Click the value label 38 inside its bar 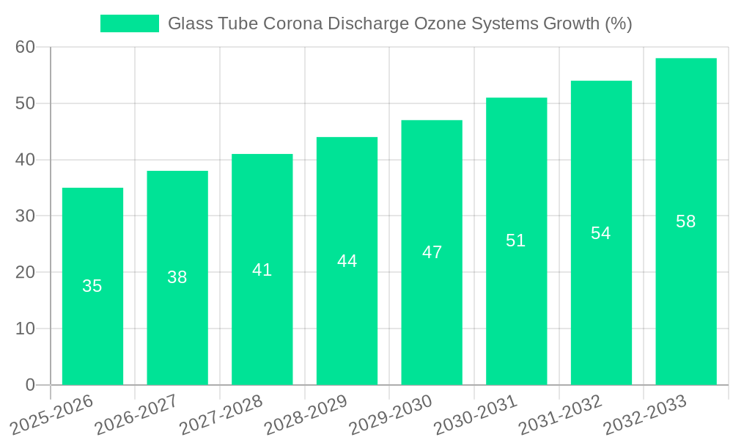pyautogui.click(x=177, y=277)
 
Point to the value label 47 pyautogui.click(x=432, y=252)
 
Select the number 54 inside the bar pyautogui.click(x=601, y=233)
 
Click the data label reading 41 pyautogui.click(x=262, y=270)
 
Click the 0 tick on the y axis pyautogui.click(x=30, y=385)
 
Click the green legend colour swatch pyautogui.click(x=130, y=23)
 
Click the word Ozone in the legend pyautogui.click(x=441, y=23)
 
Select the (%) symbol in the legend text pyautogui.click(x=618, y=23)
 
